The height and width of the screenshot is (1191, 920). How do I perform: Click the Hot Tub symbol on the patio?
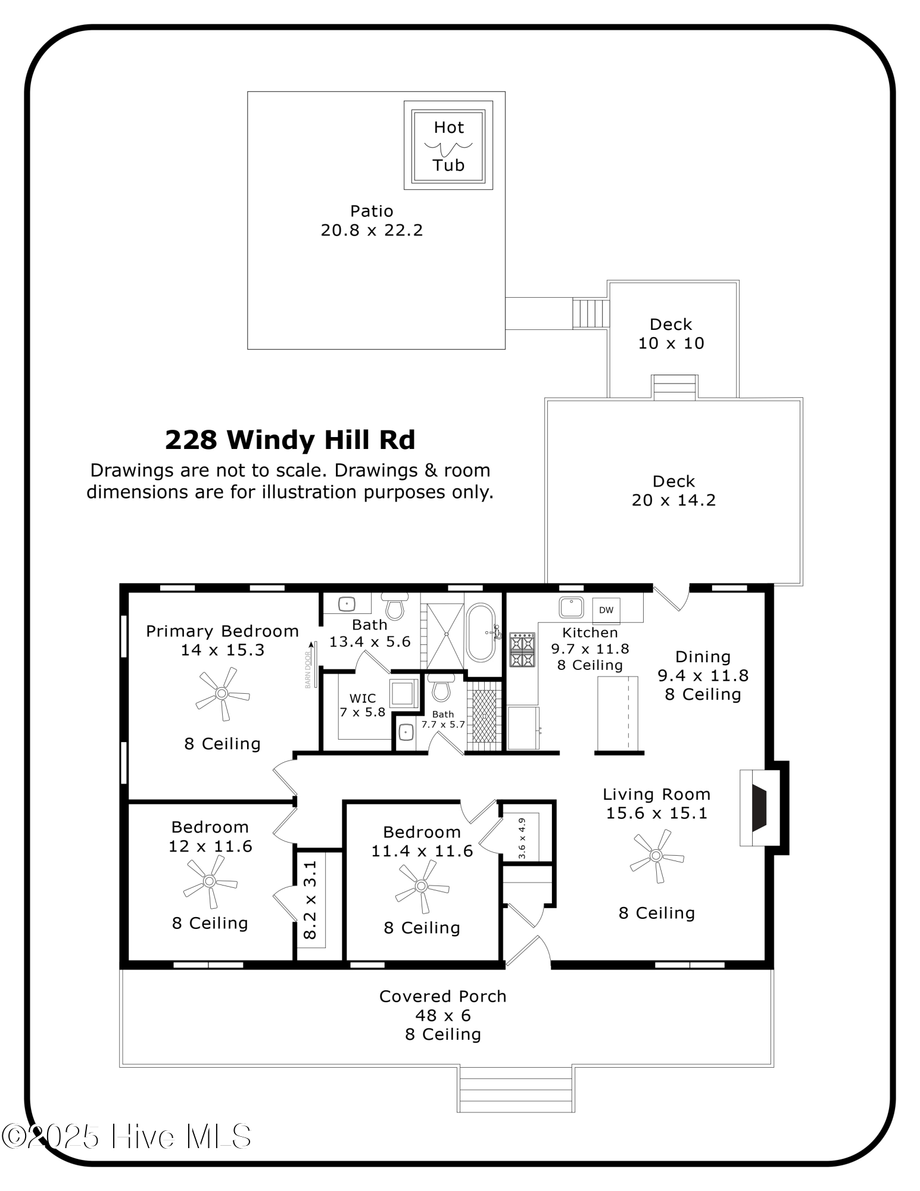coord(448,145)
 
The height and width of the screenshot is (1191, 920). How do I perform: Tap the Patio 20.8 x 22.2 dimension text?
coord(372,230)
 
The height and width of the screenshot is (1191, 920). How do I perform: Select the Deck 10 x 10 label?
coord(671,333)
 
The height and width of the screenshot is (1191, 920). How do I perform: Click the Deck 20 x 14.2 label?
coord(673,490)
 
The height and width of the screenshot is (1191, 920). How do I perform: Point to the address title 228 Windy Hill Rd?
coord(290,440)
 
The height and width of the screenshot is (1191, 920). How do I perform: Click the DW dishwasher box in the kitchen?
coord(606,610)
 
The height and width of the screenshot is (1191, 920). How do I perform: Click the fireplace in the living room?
coord(760,807)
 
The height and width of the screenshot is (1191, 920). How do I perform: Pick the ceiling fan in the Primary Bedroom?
coord(222,693)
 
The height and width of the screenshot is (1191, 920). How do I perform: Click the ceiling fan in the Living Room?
coord(656,856)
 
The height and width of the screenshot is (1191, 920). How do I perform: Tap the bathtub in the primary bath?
coord(481,632)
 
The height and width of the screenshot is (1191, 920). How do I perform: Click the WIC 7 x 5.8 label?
coord(362,705)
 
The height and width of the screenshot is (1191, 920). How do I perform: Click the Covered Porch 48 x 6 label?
coord(442,1006)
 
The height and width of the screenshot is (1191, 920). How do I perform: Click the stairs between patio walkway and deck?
coord(591,314)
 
